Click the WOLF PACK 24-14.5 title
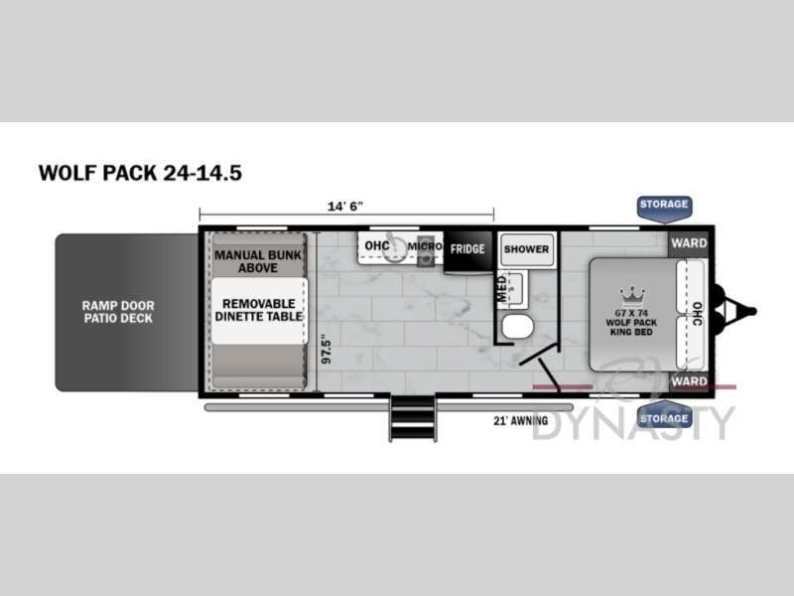coord(140,172)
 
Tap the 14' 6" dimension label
coord(345,206)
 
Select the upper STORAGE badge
coord(664,205)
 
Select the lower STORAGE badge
coord(664,418)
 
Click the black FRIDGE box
coord(466,249)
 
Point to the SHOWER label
coord(526,249)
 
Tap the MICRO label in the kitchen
coord(424,245)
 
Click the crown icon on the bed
coord(631,295)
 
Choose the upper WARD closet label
coord(689,243)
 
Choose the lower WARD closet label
coord(689,381)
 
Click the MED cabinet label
coord(502,287)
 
